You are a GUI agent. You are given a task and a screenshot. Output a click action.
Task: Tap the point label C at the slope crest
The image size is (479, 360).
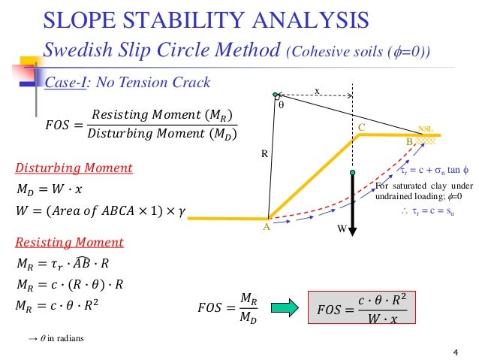361,129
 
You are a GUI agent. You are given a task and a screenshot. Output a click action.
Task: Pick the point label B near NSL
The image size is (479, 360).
409,141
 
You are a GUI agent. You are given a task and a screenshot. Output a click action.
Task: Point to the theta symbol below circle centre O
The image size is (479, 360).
282,107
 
